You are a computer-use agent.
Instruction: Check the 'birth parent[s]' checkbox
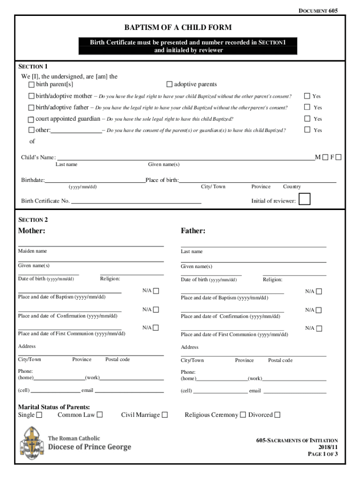[x=31, y=85]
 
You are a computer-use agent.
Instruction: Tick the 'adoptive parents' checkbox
[x=169, y=85]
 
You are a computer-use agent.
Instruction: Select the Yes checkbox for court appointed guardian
[x=307, y=119]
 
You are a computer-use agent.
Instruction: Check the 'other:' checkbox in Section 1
[x=31, y=130]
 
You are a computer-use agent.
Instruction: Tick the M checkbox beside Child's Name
[x=325, y=157]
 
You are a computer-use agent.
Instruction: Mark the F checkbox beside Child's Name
[x=338, y=157]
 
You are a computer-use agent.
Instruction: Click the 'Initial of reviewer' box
[x=304, y=200]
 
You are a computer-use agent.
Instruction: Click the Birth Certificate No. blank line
[x=136, y=202]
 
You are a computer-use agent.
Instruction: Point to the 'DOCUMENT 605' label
[x=317, y=10]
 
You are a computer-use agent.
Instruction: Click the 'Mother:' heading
[x=32, y=231]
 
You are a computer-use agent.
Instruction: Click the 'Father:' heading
[x=193, y=231]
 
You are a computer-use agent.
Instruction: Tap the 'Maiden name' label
[x=32, y=251]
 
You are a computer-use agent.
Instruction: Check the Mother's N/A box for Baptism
[x=156, y=291]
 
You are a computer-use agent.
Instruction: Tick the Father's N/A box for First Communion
[x=319, y=328]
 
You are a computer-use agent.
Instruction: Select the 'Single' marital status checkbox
[x=39, y=415]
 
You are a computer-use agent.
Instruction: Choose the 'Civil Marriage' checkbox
[x=165, y=415]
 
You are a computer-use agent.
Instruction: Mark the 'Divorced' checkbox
[x=277, y=415]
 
